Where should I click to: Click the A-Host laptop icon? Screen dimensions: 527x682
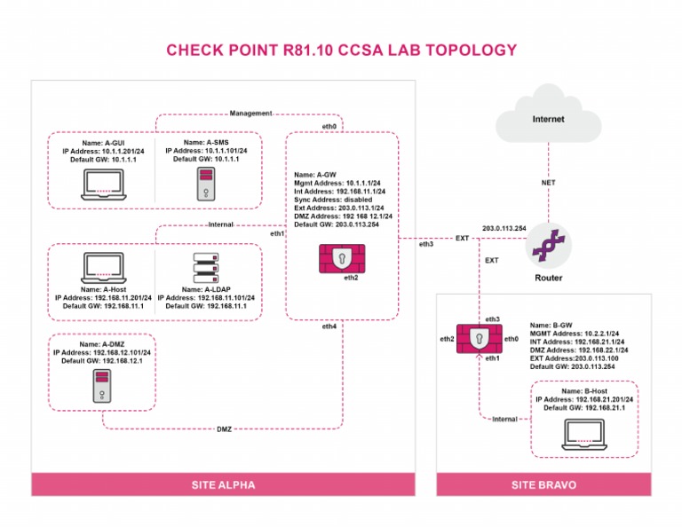[102, 267]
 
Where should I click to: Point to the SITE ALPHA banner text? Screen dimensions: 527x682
[223, 485]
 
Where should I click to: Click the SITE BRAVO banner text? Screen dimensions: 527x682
[543, 485]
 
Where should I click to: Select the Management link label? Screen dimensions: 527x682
[250, 114]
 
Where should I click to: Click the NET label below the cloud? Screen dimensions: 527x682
[548, 183]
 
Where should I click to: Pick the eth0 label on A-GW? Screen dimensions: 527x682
[329, 127]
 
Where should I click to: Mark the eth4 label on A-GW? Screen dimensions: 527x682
[329, 326]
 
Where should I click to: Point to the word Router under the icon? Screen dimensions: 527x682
[548, 278]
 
